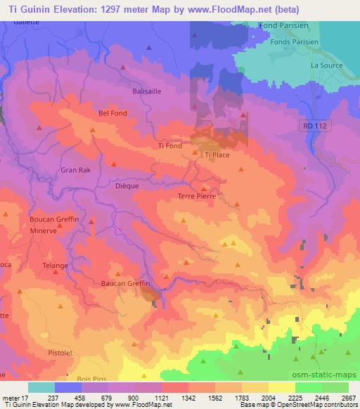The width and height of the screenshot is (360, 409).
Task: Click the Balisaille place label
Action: click(x=147, y=91)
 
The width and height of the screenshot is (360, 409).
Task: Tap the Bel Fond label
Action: click(x=112, y=112)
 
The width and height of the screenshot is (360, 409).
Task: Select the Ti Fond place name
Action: click(x=170, y=145)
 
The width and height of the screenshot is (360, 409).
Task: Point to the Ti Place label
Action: click(x=217, y=155)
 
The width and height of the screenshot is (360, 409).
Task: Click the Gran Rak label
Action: click(x=76, y=170)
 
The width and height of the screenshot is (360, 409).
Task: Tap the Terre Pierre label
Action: click(x=196, y=197)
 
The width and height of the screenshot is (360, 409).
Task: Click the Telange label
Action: click(x=54, y=266)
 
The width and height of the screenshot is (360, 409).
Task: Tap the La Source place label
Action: click(x=325, y=65)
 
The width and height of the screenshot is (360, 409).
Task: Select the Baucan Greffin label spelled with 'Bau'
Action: click(x=124, y=283)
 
